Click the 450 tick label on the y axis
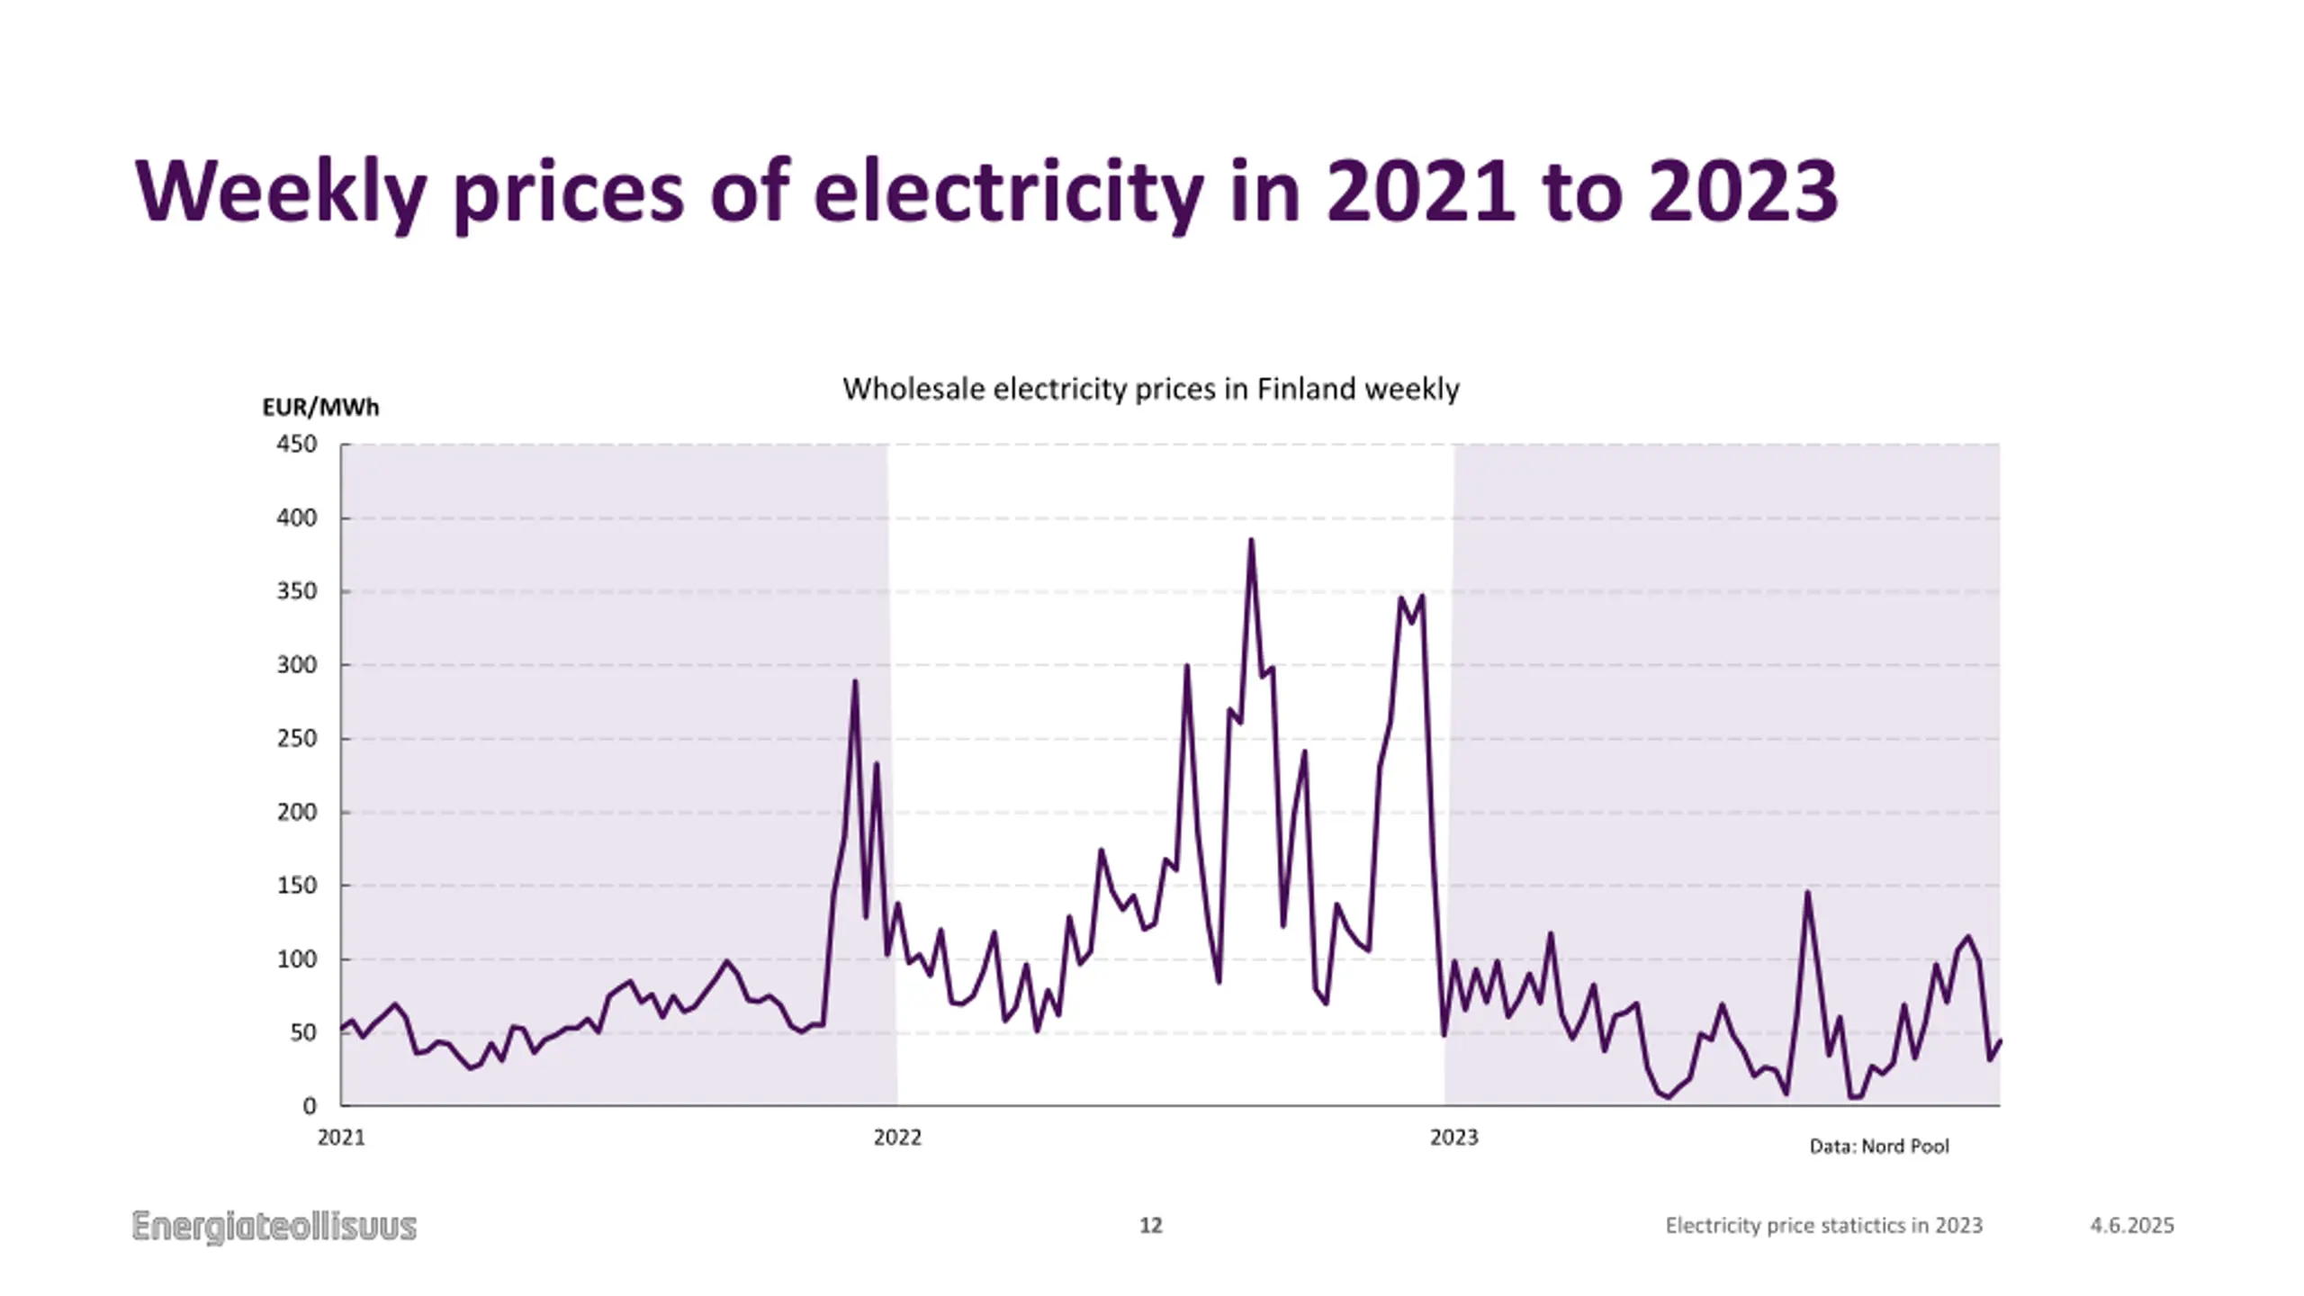297,445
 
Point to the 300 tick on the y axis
297,665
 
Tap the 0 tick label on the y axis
310,1106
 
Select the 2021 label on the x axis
341,1138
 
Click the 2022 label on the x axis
897,1138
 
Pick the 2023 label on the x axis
1453,1138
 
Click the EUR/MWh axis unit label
320,408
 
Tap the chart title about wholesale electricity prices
1150,389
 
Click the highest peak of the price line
1251,541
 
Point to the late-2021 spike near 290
855,682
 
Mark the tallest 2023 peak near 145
1807,893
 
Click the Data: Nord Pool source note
1879,1147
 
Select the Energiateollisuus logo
274,1227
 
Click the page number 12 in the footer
1151,1226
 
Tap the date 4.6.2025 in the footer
2131,1226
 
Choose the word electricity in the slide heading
1008,191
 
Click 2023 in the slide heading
1742,191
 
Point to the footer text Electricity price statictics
1823,1226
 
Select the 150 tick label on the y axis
297,886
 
